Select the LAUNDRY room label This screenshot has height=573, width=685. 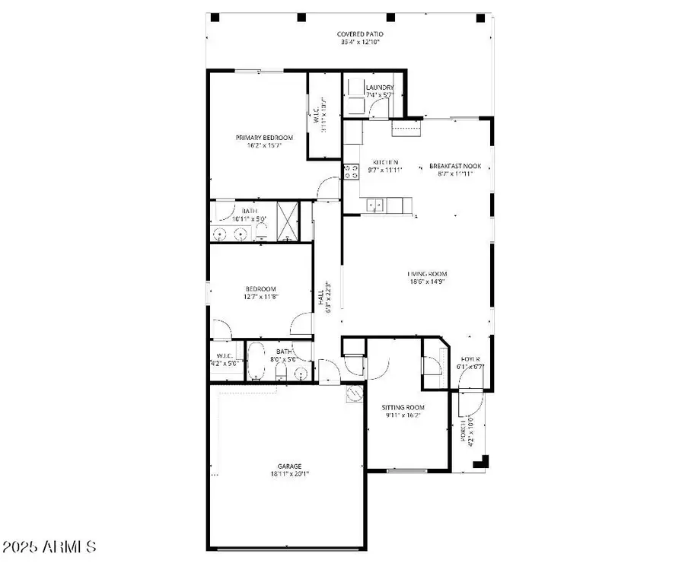(379, 88)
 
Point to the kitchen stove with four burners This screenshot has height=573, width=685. (352, 172)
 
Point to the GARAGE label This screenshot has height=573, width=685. (288, 466)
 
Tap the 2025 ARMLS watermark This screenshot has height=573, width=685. (49, 546)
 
